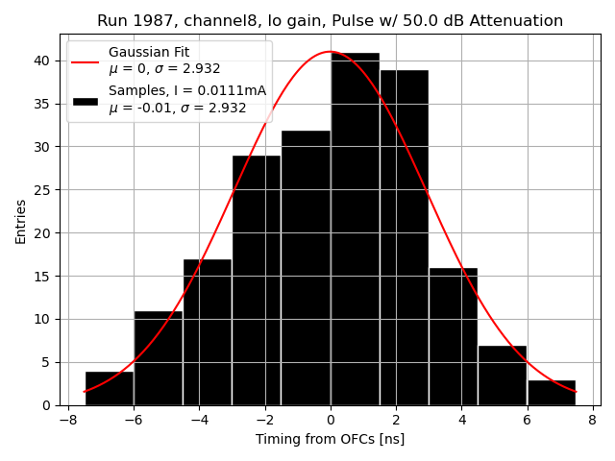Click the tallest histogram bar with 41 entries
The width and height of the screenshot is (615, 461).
pyautogui.click(x=355, y=230)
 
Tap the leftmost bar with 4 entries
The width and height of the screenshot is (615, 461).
pyautogui.click(x=110, y=388)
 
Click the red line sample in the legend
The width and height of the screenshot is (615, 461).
pyautogui.click(x=85, y=61)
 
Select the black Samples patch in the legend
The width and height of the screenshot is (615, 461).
pyautogui.click(x=85, y=100)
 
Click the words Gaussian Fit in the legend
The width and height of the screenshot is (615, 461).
pyautogui.click(x=150, y=52)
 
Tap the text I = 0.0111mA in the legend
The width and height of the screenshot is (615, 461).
pyautogui.click(x=219, y=90)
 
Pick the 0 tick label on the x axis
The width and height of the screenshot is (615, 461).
pyautogui.click(x=331, y=420)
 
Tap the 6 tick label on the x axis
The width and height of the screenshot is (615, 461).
pyautogui.click(x=527, y=420)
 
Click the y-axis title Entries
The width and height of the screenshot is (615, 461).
pyautogui.click(x=21, y=222)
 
